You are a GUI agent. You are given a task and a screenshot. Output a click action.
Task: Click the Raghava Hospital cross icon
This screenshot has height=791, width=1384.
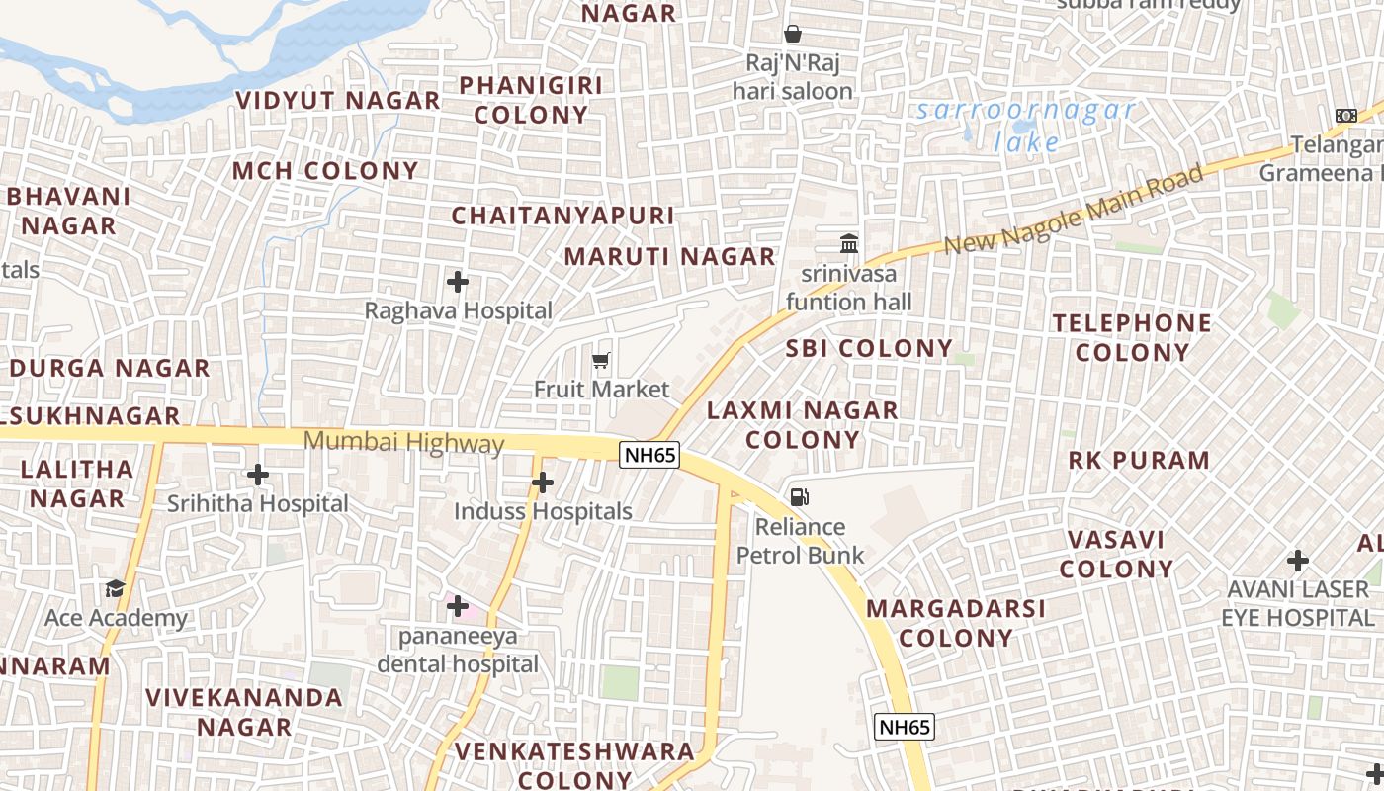[x=457, y=282]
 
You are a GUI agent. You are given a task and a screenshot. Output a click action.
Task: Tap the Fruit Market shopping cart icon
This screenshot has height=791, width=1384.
[x=601, y=361]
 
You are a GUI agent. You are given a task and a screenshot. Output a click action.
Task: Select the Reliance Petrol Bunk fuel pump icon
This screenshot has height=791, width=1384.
[x=799, y=496]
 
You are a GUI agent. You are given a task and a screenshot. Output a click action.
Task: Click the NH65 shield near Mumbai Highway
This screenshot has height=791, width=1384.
[x=649, y=455]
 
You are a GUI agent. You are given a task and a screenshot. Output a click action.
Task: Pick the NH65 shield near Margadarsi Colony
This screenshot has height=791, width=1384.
[x=905, y=728]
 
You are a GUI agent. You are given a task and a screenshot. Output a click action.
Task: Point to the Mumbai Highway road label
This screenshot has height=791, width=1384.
[x=403, y=442]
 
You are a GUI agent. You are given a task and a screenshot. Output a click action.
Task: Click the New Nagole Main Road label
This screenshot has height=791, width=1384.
[x=1074, y=209]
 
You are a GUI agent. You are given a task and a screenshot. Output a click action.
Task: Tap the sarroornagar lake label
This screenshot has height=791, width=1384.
[x=1026, y=125]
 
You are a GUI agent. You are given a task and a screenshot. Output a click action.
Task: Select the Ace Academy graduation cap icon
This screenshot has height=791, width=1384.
[x=116, y=589]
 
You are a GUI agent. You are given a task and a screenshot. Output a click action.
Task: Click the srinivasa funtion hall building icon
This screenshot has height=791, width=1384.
[x=848, y=243]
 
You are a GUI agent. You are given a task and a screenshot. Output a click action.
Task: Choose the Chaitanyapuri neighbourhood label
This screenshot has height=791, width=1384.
[x=562, y=216]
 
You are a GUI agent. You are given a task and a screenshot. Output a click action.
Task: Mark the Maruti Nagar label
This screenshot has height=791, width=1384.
[x=669, y=257]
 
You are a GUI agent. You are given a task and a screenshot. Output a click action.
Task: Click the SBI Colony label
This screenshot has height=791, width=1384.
[x=869, y=348]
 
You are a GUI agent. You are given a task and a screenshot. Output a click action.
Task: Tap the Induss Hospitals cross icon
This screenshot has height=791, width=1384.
[x=542, y=483]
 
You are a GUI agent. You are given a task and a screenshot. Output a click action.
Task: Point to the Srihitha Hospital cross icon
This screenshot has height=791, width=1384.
[x=258, y=475]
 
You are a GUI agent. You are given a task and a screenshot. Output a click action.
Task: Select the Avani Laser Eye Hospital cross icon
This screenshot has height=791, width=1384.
[x=1297, y=561]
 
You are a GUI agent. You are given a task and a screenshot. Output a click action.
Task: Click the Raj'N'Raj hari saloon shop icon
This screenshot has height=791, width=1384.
[x=792, y=35]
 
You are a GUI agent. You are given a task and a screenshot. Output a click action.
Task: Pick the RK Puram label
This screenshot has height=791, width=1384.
[x=1139, y=460]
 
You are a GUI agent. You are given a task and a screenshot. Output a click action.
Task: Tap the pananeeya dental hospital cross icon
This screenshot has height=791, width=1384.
[x=457, y=605]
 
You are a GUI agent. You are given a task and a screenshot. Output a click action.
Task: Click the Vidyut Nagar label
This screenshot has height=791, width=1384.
[x=338, y=101]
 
